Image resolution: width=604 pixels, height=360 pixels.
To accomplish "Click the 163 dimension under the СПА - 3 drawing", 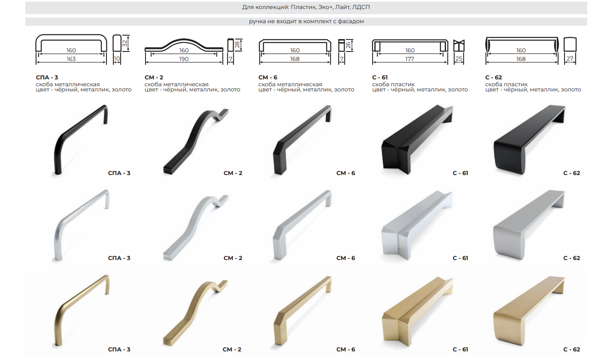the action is click(x=71, y=59).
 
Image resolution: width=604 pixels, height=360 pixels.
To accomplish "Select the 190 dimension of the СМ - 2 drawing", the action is click(x=184, y=59).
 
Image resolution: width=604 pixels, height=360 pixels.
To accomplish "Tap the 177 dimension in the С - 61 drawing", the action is click(x=410, y=59).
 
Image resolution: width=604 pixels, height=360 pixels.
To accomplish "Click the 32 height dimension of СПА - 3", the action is click(x=125, y=43).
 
